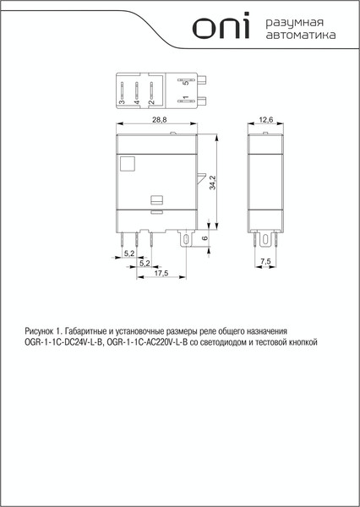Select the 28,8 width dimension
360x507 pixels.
(x=159, y=122)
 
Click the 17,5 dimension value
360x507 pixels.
(x=161, y=272)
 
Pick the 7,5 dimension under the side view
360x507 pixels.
(x=265, y=263)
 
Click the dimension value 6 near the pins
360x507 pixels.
(x=205, y=239)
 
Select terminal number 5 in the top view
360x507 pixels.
(x=186, y=84)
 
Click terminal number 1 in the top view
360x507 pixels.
(x=186, y=101)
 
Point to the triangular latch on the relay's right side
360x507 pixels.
(x=200, y=181)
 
